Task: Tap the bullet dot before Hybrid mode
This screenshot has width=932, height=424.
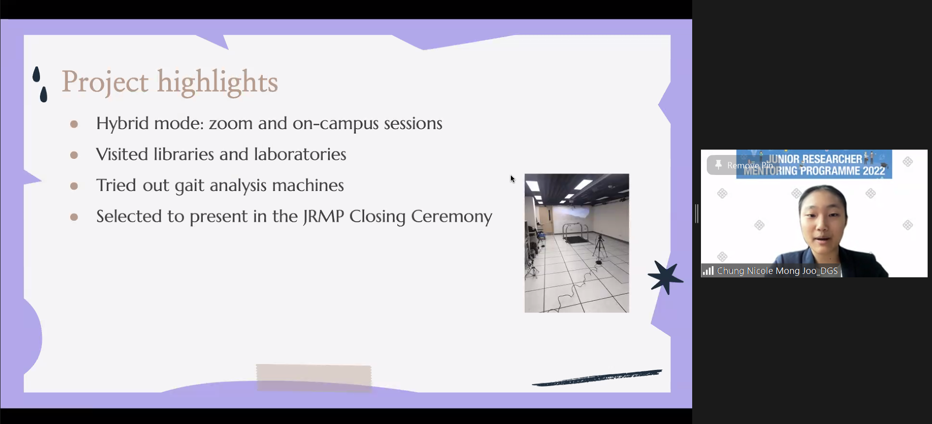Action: click(x=74, y=124)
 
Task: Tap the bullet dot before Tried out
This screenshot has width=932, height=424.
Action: click(x=74, y=186)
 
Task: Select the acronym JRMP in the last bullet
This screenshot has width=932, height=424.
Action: click(x=323, y=216)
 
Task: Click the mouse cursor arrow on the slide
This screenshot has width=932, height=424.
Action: click(x=512, y=179)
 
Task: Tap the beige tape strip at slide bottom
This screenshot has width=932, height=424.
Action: click(x=314, y=378)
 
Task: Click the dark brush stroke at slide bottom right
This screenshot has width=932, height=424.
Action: click(x=597, y=378)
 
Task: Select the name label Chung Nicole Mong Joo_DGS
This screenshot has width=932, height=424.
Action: click(x=777, y=271)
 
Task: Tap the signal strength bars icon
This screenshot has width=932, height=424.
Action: click(x=708, y=270)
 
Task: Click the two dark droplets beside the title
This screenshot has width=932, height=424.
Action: click(x=40, y=84)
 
